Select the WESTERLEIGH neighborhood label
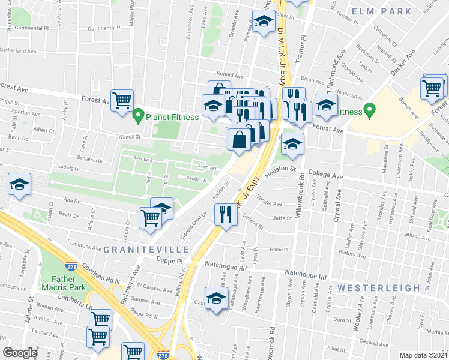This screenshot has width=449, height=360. [378, 288]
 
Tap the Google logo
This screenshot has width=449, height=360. [20, 353]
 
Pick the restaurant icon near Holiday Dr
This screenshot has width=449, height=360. [225, 214]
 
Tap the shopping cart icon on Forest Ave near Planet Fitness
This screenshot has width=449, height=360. [122, 100]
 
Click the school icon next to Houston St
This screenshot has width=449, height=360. [292, 145]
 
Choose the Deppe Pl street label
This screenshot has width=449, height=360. [170, 261]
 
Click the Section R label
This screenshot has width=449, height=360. [196, 179]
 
